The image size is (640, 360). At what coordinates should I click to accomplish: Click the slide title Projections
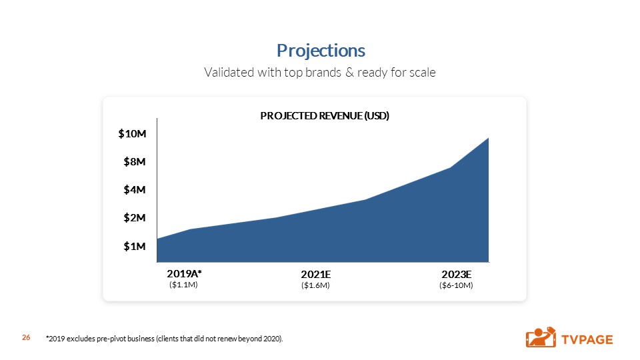tap(321, 51)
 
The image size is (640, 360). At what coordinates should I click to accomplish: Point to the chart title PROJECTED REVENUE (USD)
tap(324, 115)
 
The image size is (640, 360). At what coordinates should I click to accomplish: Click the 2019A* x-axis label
tap(183, 273)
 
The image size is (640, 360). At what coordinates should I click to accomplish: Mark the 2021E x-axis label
tap(316, 274)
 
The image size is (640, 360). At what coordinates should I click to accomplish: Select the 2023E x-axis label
tap(457, 274)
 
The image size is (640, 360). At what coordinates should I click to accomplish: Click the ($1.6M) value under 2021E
tap(316, 285)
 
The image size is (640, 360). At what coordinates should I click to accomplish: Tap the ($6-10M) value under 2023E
tap(456, 285)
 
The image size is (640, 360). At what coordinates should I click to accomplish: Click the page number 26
tap(27, 339)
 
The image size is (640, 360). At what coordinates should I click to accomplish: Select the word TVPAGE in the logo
tap(587, 339)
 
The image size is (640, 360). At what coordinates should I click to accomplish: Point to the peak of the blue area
tap(488, 138)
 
